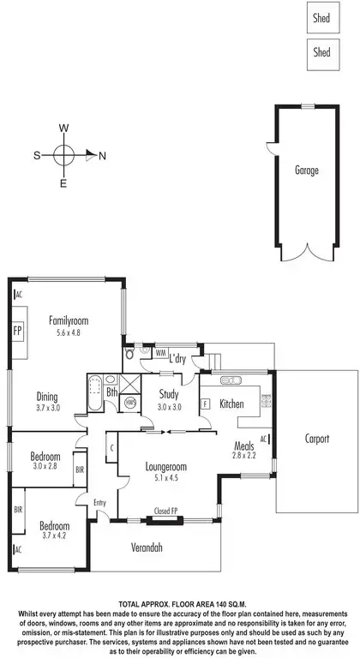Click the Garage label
pyautogui.click(x=306, y=170)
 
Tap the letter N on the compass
pyautogui.click(x=102, y=155)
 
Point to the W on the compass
pyautogui.click(x=63, y=128)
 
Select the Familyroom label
pyautogui.click(x=69, y=321)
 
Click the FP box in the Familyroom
pyautogui.click(x=17, y=330)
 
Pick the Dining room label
pyautogui.click(x=47, y=396)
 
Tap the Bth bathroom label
pyautogui.click(x=111, y=392)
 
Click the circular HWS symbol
pyautogui.click(x=130, y=401)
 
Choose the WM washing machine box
pyautogui.click(x=160, y=352)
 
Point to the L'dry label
pyautogui.click(x=178, y=357)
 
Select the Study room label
pyautogui.click(x=168, y=394)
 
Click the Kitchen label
pyautogui.click(x=232, y=404)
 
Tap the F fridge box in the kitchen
pyautogui.click(x=205, y=402)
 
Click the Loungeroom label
pyautogui.click(x=165, y=467)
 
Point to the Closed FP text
pyautogui.click(x=165, y=511)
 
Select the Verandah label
pyautogui.click(x=147, y=547)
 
